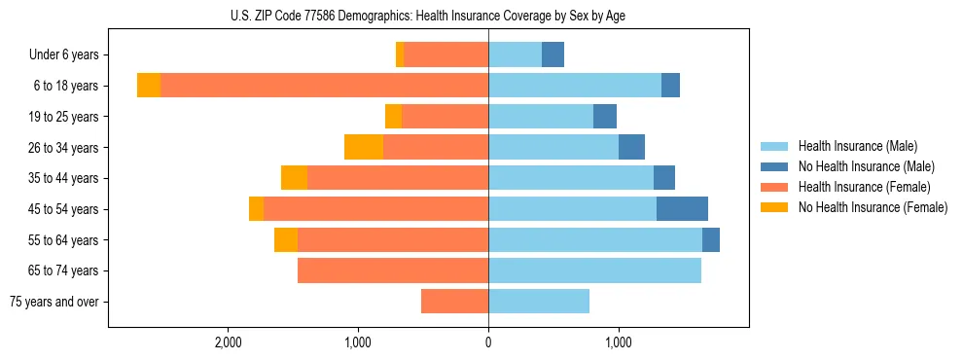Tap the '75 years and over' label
pos(54,302)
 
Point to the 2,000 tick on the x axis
pos(229,342)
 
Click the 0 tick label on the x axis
pos(488,342)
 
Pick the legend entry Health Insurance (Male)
pos(857,146)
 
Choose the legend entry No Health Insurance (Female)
pos(873,207)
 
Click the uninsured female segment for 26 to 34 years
pos(364,147)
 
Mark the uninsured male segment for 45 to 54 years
pos(682,209)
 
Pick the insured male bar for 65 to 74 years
pos(594,270)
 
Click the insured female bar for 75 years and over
pos(454,302)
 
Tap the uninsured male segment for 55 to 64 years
pos(711,239)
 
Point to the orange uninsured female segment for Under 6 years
pos(400,54)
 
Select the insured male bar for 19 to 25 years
pos(541,117)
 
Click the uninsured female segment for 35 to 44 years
pos(294,178)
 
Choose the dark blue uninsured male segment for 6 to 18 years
pos(670,86)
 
